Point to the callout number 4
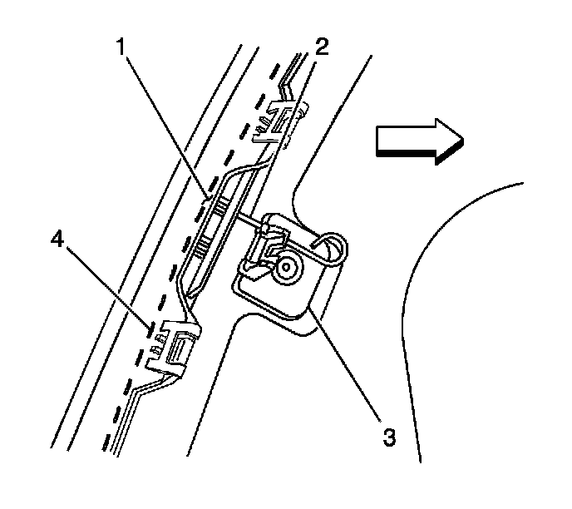pos(57,241)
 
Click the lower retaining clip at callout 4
pos(176,343)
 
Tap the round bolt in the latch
pos(287,266)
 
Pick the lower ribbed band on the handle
pos(204,247)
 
